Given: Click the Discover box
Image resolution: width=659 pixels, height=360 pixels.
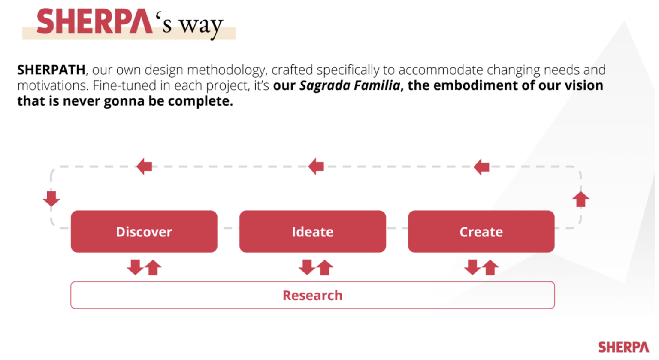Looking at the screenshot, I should pyautogui.click(x=144, y=232).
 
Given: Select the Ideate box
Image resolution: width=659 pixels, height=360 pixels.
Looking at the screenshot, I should pyautogui.click(x=312, y=232).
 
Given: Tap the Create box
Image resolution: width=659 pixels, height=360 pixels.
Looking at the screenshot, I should pyautogui.click(x=481, y=232).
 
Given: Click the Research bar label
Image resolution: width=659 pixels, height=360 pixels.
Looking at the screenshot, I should pyautogui.click(x=312, y=296).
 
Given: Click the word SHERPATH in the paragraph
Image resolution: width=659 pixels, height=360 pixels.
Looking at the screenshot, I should pyautogui.click(x=51, y=70).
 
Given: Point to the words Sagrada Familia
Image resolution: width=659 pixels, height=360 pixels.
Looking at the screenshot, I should pyautogui.click(x=350, y=85).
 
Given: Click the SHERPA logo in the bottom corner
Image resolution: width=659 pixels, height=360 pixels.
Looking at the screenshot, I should pyautogui.click(x=623, y=347).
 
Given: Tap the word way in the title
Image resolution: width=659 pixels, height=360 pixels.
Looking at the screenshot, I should pyautogui.click(x=201, y=26).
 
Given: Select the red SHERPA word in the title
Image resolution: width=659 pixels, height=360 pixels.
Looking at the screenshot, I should pyautogui.click(x=94, y=22).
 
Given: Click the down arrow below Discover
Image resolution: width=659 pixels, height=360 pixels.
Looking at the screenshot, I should pyautogui.click(x=135, y=267).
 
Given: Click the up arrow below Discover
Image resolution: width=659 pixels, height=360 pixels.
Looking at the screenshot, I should pyautogui.click(x=153, y=268).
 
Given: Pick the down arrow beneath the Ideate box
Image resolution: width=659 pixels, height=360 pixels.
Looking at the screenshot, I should pyautogui.click(x=307, y=267).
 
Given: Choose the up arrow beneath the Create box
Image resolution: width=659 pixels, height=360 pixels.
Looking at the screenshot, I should pyautogui.click(x=490, y=268).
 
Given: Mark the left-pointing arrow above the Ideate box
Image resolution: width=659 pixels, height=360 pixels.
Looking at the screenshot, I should pyautogui.click(x=316, y=166).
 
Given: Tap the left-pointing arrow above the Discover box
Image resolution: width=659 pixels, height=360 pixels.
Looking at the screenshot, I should pyautogui.click(x=145, y=166).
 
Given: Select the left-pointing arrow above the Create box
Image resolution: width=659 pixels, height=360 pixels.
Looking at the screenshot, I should pyautogui.click(x=482, y=167).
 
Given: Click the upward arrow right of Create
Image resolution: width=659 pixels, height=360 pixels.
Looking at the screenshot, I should pyautogui.click(x=581, y=200).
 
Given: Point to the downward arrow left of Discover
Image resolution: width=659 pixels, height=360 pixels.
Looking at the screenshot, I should pyautogui.click(x=51, y=198).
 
